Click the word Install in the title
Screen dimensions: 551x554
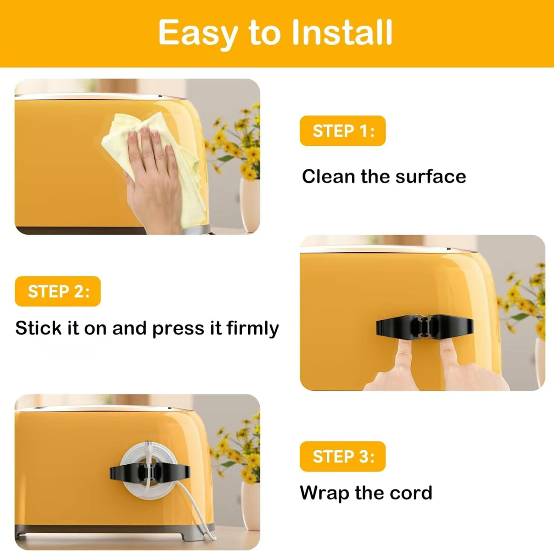click(342, 33)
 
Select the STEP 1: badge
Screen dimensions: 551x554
click(342, 131)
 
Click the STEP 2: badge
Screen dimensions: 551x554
click(58, 291)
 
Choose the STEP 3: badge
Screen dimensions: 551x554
click(342, 457)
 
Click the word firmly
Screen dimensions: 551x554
click(252, 328)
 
